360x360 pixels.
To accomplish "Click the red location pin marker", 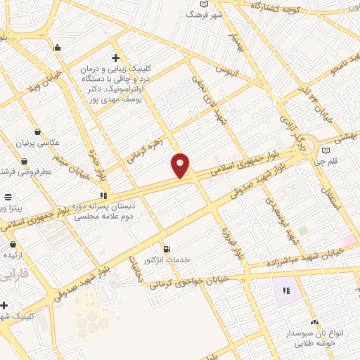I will coord(181,165).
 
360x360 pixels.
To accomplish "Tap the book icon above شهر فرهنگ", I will coord(204,4).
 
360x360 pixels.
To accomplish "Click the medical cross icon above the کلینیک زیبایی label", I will coord(116,58).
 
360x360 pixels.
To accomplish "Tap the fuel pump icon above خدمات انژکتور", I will coord(167,248).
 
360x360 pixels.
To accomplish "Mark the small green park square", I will coord(303,231).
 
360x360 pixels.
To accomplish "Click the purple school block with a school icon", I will coord(285,291).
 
